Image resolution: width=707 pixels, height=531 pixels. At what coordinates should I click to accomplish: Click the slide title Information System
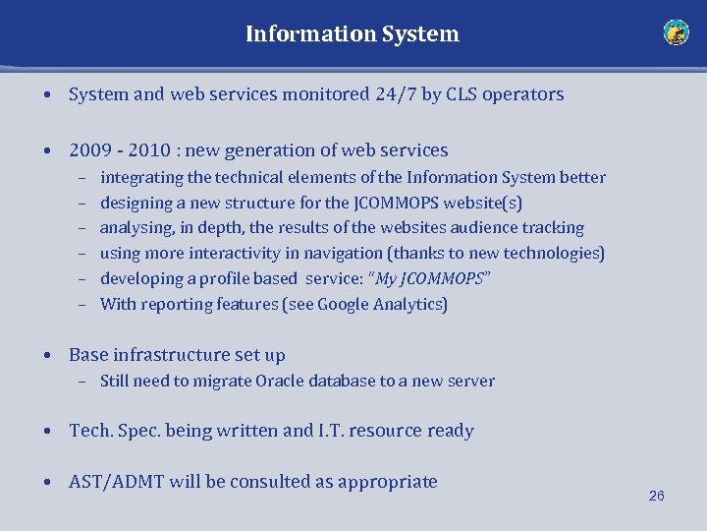(352, 33)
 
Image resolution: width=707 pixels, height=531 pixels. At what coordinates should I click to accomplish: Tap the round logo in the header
(676, 32)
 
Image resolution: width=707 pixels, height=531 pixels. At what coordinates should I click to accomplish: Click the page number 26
(657, 496)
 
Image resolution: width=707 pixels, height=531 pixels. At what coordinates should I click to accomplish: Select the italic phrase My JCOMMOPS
(430, 278)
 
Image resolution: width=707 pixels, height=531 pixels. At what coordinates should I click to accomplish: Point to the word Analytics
(409, 304)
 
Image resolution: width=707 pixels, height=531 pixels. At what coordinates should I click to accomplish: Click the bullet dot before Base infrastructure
(47, 355)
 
